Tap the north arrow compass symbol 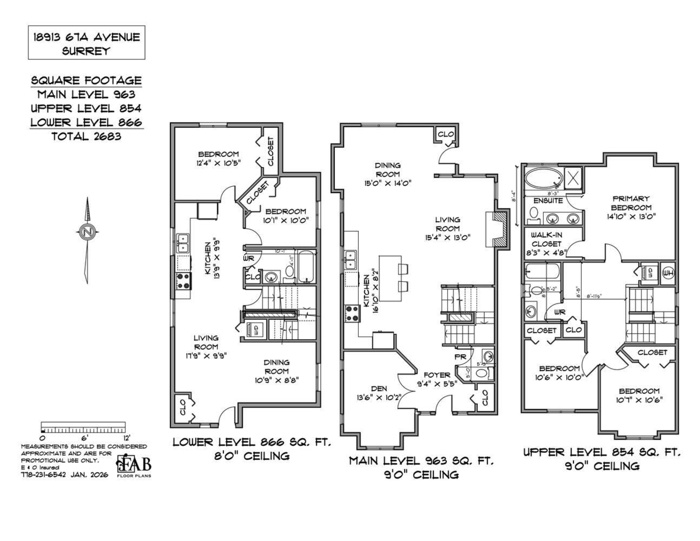[87, 232]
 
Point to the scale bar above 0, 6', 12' [83, 426]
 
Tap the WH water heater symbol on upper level [668, 273]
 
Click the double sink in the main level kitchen [351, 259]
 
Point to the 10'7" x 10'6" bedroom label [639, 396]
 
